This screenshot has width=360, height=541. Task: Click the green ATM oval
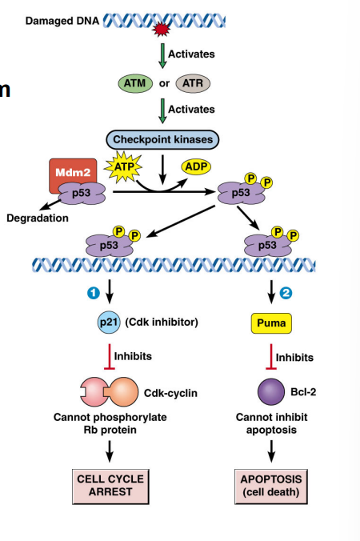click(133, 82)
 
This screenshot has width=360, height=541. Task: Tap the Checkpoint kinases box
click(163, 140)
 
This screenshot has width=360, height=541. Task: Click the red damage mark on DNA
click(162, 30)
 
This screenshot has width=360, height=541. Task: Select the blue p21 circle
click(108, 323)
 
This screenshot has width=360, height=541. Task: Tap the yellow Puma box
click(271, 323)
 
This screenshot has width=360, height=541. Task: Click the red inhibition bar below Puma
click(271, 357)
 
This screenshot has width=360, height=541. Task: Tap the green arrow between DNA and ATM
click(163, 54)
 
